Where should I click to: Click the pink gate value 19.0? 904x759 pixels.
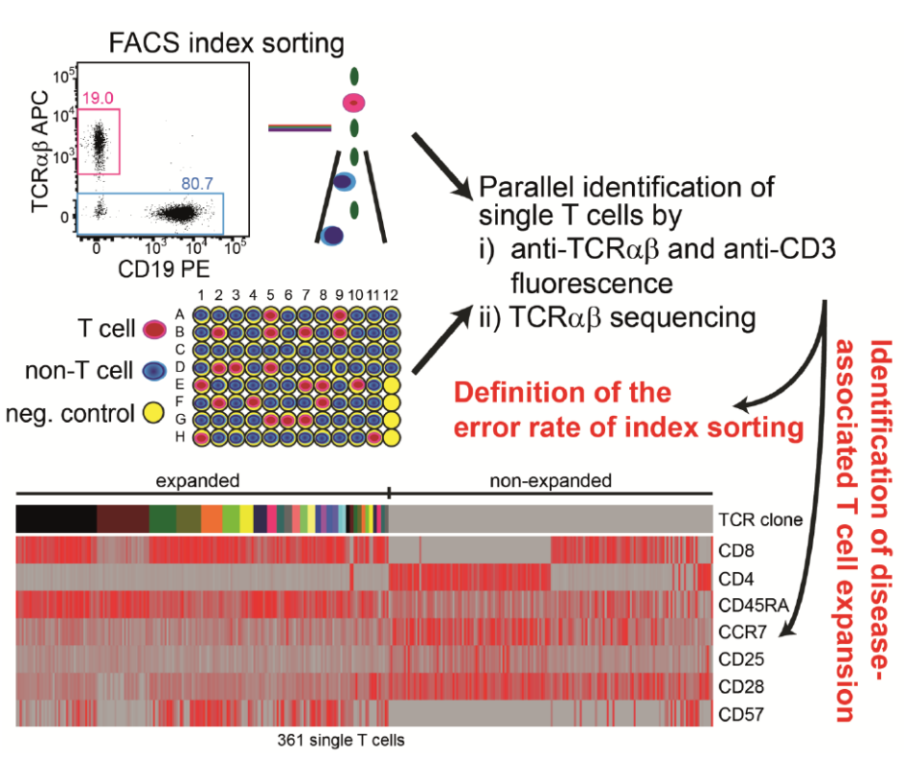98,97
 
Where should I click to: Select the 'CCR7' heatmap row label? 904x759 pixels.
741,632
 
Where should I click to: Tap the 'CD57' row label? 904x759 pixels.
740,714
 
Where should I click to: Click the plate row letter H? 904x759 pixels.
179,437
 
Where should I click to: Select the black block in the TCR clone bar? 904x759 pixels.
56,518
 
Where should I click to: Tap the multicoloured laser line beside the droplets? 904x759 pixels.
300,127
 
